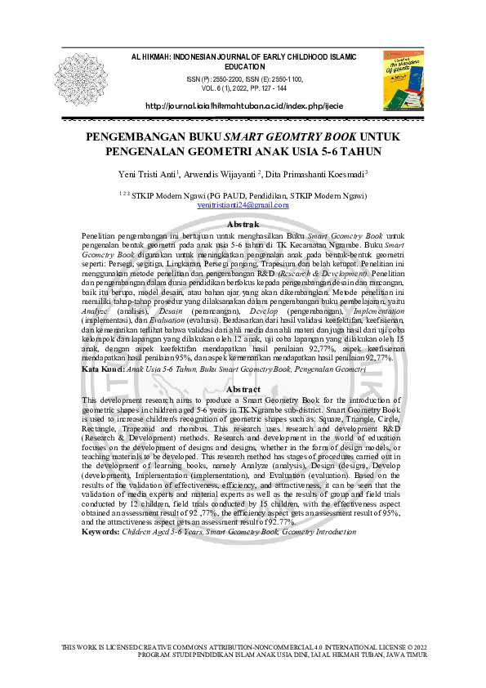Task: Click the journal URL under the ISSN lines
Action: click(x=244, y=107)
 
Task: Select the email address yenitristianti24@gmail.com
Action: click(x=243, y=205)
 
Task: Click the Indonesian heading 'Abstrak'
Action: click(x=243, y=224)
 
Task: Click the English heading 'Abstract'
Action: click(x=243, y=390)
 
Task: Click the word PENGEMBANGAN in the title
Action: click(x=132, y=138)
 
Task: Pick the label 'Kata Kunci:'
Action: click(x=104, y=369)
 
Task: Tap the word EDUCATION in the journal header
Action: click(x=245, y=67)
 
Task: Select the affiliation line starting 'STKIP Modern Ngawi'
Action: click(x=249, y=196)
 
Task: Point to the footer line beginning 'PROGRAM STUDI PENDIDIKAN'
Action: click(x=283, y=654)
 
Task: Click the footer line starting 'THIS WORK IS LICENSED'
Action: click(x=244, y=647)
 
